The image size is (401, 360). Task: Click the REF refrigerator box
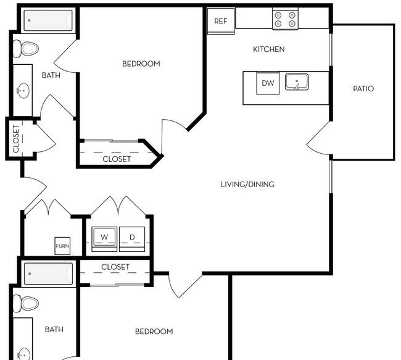point(221,21)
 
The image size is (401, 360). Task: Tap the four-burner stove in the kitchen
point(285,19)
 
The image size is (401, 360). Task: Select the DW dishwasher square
point(268,83)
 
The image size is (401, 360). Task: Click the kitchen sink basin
point(297,82)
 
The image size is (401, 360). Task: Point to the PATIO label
point(363,88)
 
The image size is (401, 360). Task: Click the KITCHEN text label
point(269,49)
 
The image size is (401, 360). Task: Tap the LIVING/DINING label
point(247,185)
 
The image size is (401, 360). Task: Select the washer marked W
point(104,239)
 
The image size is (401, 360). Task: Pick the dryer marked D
point(132,239)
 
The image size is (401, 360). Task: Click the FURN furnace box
point(62,246)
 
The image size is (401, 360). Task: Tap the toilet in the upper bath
point(25,49)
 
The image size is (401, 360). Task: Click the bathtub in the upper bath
point(48,20)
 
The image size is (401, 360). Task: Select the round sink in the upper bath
point(23,90)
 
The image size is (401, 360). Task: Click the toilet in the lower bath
point(25,303)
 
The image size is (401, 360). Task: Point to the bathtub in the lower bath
point(48,274)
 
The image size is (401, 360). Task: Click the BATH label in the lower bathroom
point(54,329)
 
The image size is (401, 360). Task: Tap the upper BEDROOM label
point(141,64)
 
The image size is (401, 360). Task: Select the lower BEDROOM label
point(154,332)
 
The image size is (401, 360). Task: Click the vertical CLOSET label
point(16,139)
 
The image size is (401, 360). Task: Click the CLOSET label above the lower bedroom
point(115,267)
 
